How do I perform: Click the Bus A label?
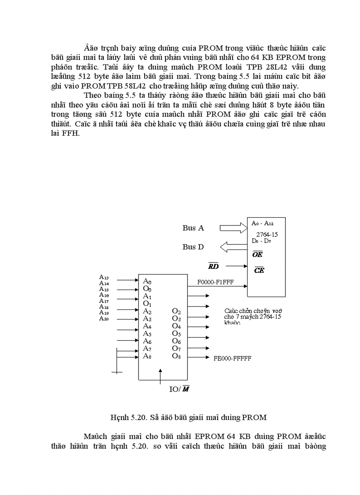click(x=193, y=228)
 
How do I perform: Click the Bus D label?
click(x=193, y=247)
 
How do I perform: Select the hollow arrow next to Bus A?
click(x=233, y=228)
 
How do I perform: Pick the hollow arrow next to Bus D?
click(x=233, y=247)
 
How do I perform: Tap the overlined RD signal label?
click(x=213, y=266)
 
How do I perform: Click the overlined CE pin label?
click(x=259, y=270)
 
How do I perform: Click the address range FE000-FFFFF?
click(x=232, y=358)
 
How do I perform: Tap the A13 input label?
click(x=104, y=277)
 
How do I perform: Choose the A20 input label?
click(x=104, y=318)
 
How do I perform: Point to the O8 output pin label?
click(x=176, y=356)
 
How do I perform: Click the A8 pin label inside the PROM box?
click(x=147, y=356)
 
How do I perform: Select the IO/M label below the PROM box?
click(x=180, y=389)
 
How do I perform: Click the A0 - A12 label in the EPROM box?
click(x=262, y=223)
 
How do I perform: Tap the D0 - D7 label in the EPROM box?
click(x=261, y=242)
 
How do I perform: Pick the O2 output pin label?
click(x=176, y=311)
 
